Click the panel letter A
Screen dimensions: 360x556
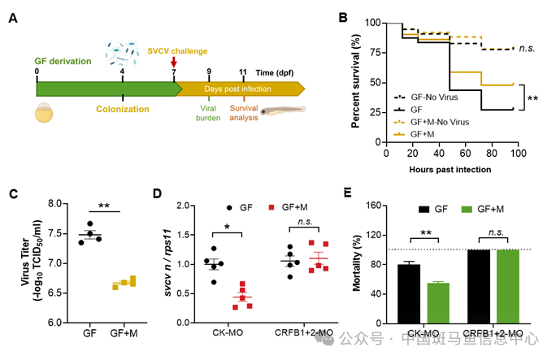click(14, 17)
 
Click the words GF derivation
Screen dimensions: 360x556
click(66, 62)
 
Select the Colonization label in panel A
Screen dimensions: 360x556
click(122, 108)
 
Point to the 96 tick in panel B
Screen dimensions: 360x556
click(514, 154)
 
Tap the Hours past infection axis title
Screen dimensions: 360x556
click(450, 169)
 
